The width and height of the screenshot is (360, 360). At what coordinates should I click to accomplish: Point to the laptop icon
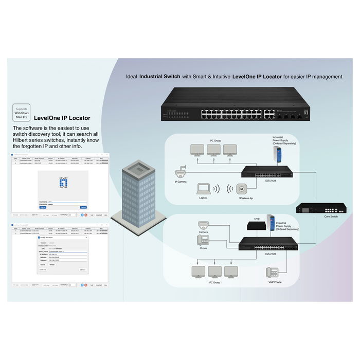pos(204,190)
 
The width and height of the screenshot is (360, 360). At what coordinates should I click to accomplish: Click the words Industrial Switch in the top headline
pos(160,77)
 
